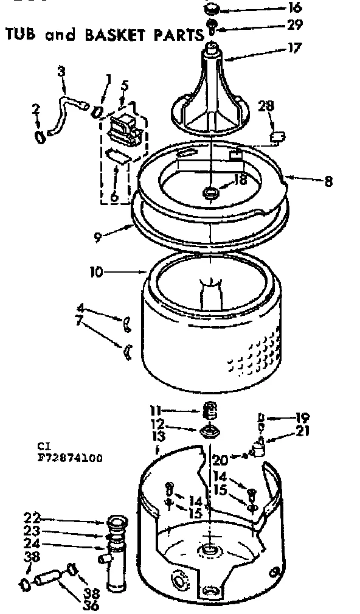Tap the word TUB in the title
[x=23, y=35]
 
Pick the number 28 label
[x=266, y=106]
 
